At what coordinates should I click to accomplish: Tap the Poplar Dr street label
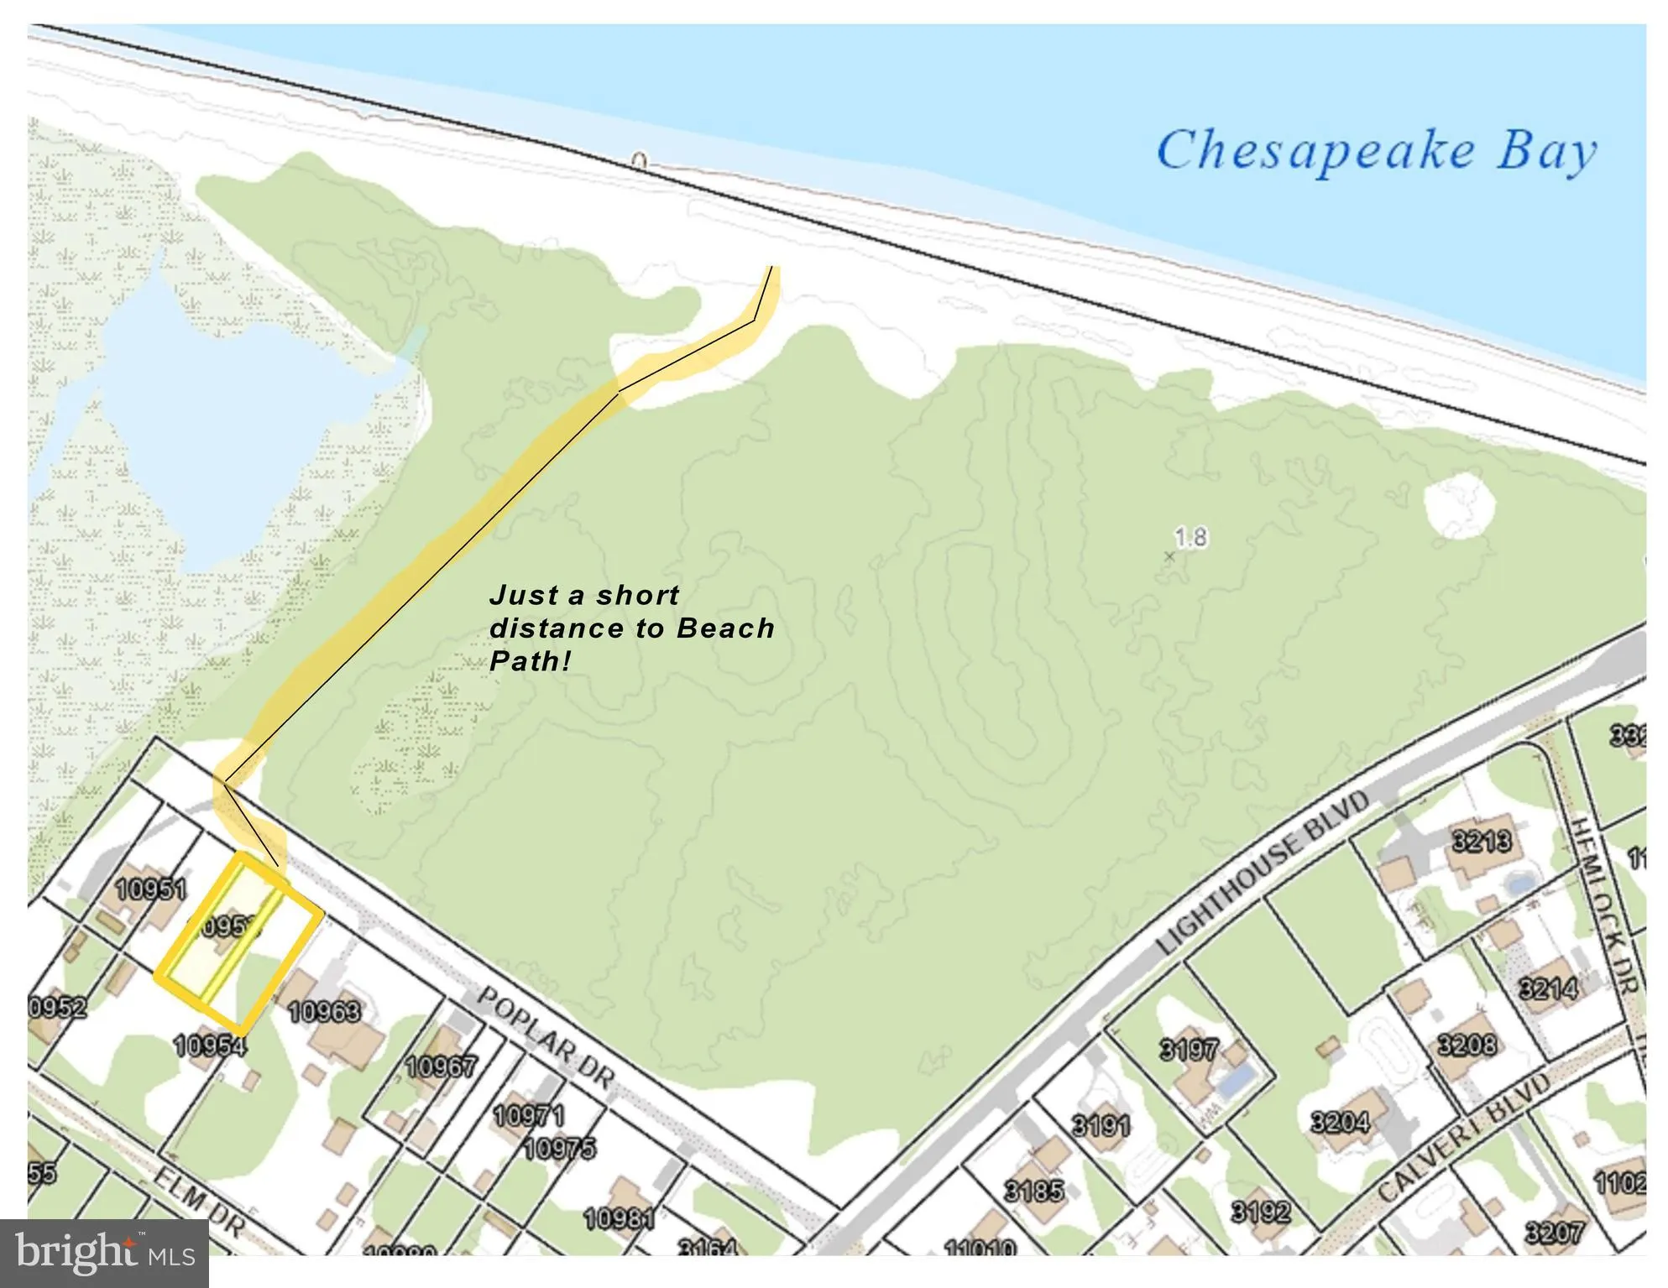tap(546, 1038)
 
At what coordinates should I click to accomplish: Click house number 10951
tap(152, 889)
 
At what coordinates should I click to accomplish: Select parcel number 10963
tap(324, 1012)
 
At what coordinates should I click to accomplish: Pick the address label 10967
tap(441, 1066)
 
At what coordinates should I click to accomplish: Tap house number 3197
tap(1188, 1049)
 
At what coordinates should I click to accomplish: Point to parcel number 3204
tap(1340, 1121)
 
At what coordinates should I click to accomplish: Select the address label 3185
tap(1034, 1190)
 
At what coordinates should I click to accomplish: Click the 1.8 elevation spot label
tap(1190, 537)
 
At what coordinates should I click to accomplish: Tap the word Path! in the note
tap(530, 661)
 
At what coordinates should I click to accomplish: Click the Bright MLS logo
tap(104, 1254)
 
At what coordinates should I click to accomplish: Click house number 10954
tap(209, 1046)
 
